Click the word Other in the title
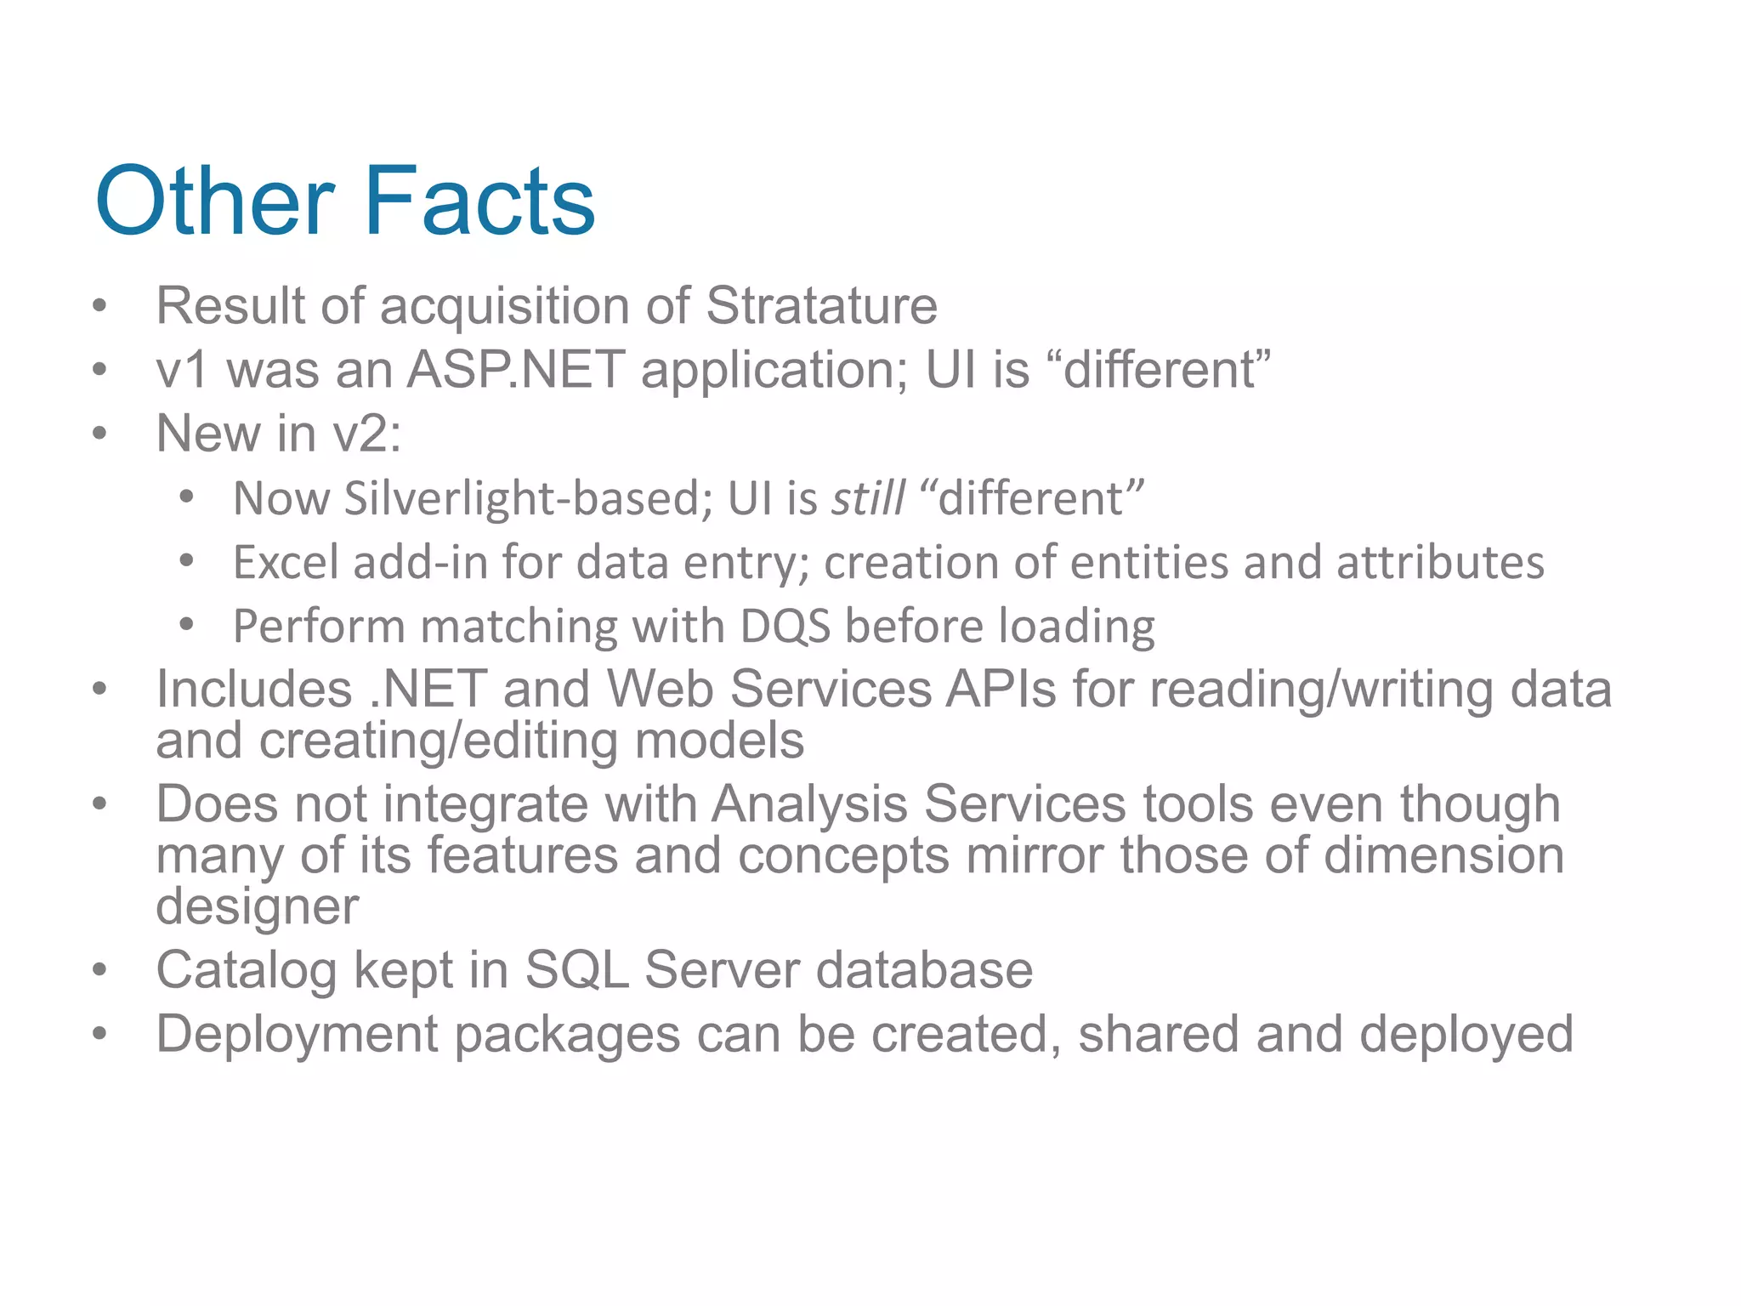point(215,202)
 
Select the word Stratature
point(821,305)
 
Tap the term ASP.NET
point(517,370)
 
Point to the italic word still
point(868,498)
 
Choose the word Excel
point(286,563)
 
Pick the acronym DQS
point(785,627)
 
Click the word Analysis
point(809,804)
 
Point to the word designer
point(258,907)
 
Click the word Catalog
point(247,971)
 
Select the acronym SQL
point(577,970)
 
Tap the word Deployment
point(297,1036)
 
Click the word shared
point(1159,1035)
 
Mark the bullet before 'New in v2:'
point(100,434)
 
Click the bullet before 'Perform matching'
point(187,626)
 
